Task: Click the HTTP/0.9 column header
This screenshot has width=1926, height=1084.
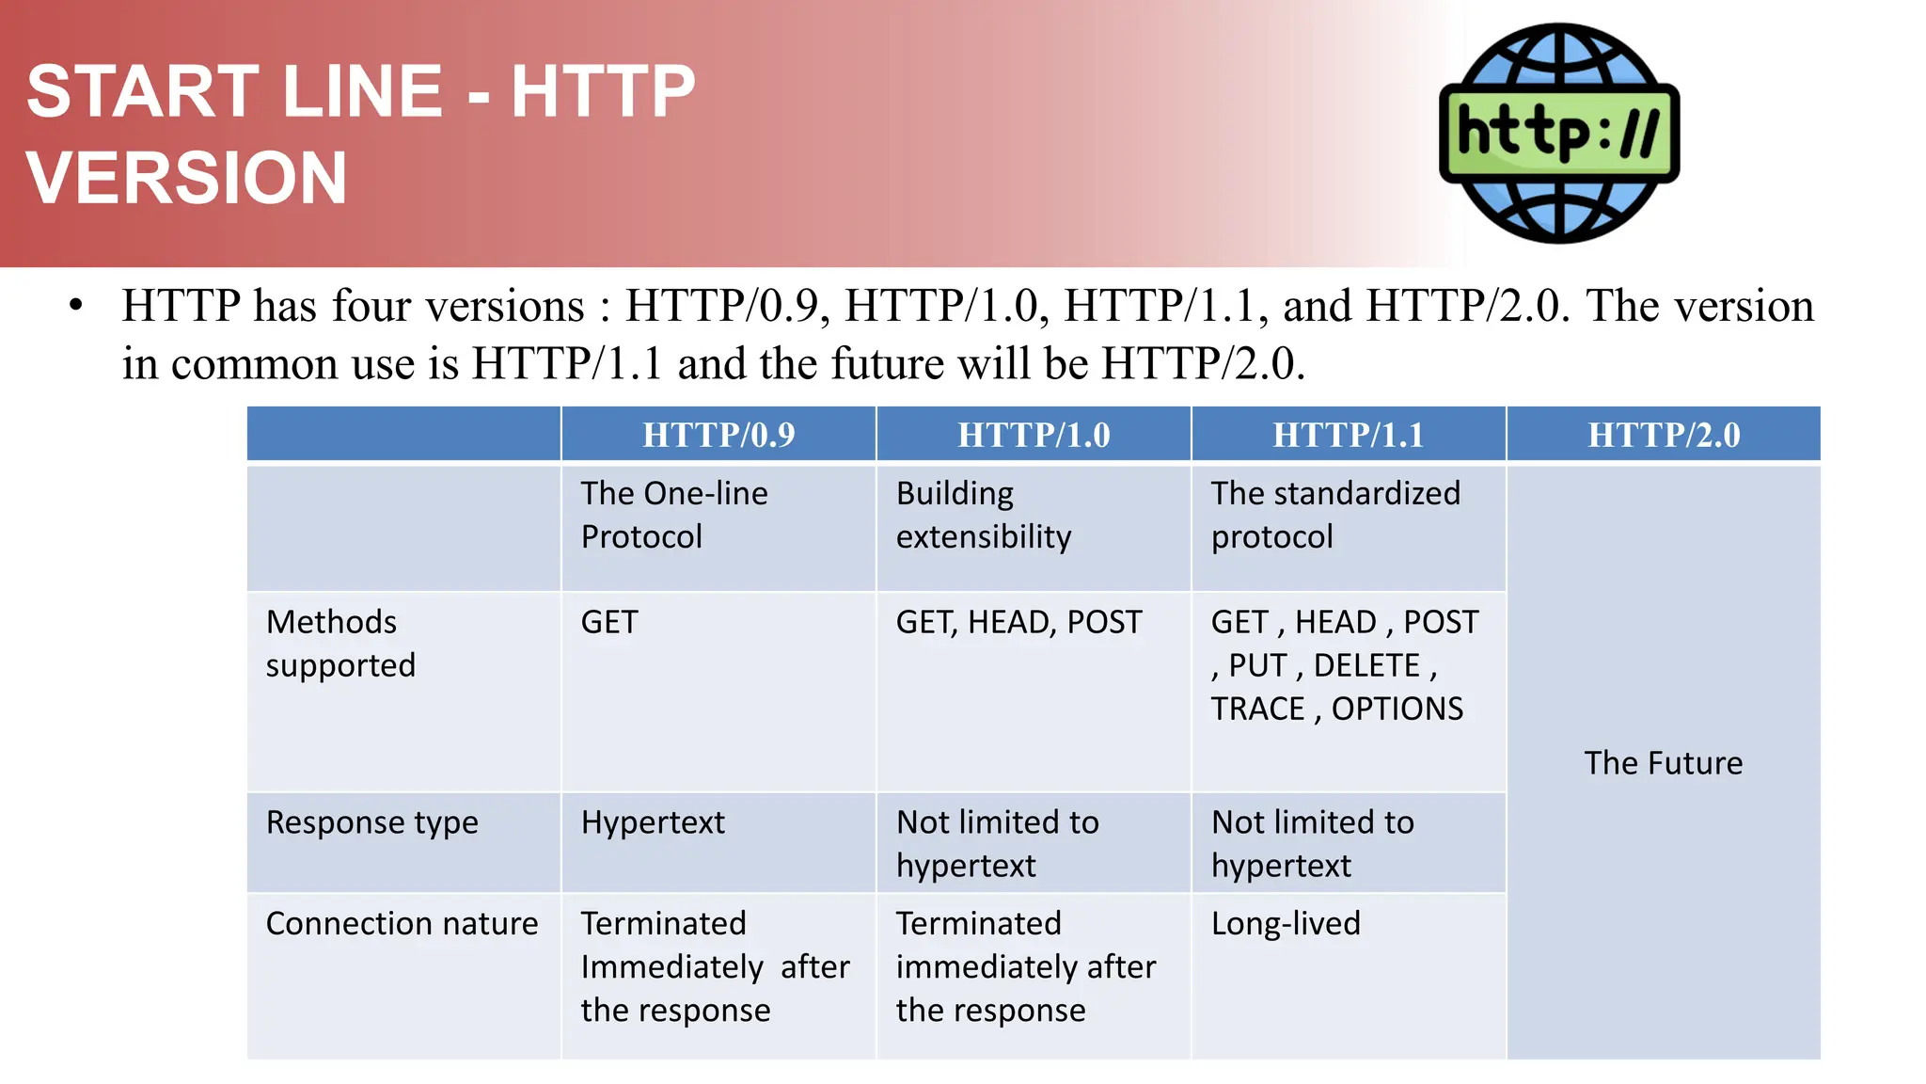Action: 718,435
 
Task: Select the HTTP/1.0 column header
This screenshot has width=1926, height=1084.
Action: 1034,435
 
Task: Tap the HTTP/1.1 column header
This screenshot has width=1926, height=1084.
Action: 1348,435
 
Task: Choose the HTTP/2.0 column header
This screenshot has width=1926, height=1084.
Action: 1664,435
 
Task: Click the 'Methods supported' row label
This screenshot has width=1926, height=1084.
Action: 340,644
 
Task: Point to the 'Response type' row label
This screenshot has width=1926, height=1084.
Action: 372,822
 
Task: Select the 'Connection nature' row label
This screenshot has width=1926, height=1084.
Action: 402,923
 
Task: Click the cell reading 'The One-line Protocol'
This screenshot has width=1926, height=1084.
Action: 674,515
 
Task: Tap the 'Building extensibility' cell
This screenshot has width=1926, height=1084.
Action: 983,515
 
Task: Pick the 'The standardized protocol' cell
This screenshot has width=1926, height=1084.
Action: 1335,515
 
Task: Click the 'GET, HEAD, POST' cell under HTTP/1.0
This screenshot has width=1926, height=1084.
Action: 1018,622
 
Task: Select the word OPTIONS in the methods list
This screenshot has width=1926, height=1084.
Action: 1397,709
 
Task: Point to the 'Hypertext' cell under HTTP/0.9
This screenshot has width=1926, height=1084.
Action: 653,822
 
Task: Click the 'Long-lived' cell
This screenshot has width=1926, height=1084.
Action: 1286,923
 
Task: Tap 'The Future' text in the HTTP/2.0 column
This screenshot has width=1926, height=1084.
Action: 1663,762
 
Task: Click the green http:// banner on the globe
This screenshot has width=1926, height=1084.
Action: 1559,133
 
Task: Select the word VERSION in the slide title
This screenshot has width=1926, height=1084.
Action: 187,178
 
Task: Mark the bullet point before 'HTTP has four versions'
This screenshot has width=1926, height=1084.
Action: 76,306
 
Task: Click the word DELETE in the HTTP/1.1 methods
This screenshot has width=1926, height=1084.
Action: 1366,665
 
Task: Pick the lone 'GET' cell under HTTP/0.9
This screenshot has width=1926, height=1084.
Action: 609,622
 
